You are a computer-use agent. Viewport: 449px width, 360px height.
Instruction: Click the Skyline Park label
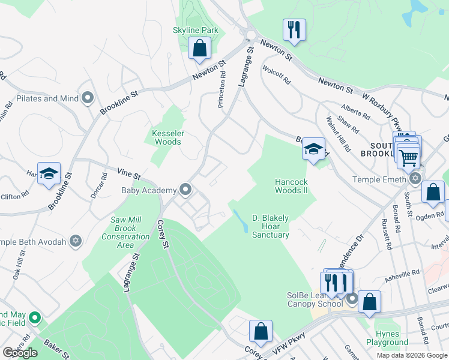coord(195,31)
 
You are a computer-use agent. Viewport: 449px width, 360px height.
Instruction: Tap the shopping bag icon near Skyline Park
coord(199,49)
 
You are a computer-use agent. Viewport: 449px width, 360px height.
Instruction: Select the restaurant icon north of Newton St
coord(294,29)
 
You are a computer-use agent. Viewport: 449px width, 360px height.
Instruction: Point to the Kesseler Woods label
coord(167,137)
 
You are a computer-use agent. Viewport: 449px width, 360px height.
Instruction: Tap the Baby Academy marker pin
coord(185,190)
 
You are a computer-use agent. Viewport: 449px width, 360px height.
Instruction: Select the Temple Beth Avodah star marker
coord(75,241)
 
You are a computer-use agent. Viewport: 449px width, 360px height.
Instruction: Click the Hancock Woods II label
coord(292,186)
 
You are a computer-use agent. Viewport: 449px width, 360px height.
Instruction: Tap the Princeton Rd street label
coord(221,94)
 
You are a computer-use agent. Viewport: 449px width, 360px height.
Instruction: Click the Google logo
coord(20,353)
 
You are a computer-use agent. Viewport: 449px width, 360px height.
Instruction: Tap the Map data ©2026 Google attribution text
coord(411,355)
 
